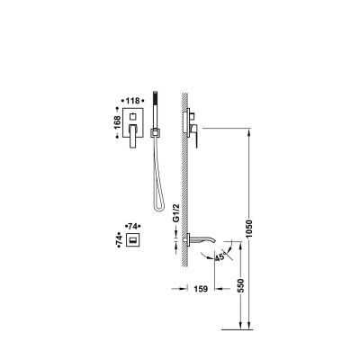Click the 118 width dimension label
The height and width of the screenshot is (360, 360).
[132, 101]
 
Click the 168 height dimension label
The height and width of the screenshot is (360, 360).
[117, 122]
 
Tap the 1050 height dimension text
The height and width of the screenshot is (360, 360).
[249, 229]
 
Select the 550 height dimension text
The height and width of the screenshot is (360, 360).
[241, 285]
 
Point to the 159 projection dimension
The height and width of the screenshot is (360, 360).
[201, 289]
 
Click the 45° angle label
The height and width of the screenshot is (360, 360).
[220, 256]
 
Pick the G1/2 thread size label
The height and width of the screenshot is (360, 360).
[176, 212]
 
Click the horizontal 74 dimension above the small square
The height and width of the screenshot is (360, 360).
[132, 226]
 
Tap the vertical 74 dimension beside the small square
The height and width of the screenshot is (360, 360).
[120, 239]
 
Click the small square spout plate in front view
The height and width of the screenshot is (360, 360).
[132, 239]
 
